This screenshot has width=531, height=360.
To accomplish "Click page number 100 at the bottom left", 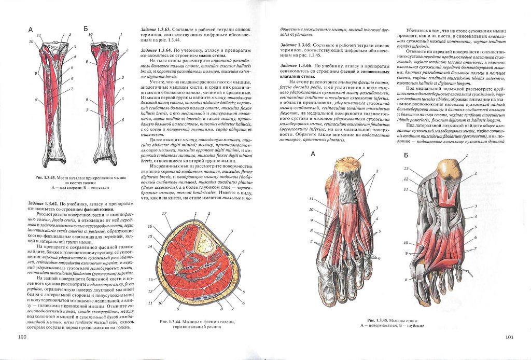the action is [22, 338].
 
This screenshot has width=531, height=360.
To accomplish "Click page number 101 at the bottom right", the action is [509, 338].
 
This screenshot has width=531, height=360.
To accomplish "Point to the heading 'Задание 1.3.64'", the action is [158, 49].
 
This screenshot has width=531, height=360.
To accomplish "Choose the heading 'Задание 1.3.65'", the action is [298, 46].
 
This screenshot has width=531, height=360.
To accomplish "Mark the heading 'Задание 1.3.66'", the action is [298, 66].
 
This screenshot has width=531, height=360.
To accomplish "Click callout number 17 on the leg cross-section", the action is [164, 214].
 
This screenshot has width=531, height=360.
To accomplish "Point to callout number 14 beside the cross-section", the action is [150, 247].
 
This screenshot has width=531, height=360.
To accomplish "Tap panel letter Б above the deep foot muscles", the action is [406, 155].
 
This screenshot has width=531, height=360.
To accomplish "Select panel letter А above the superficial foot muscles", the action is [313, 154].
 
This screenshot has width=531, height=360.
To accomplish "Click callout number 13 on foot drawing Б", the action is [407, 169].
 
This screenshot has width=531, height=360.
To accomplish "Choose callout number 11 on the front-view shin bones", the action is [39, 35].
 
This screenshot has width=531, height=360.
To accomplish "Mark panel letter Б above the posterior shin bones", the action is [86, 29].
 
